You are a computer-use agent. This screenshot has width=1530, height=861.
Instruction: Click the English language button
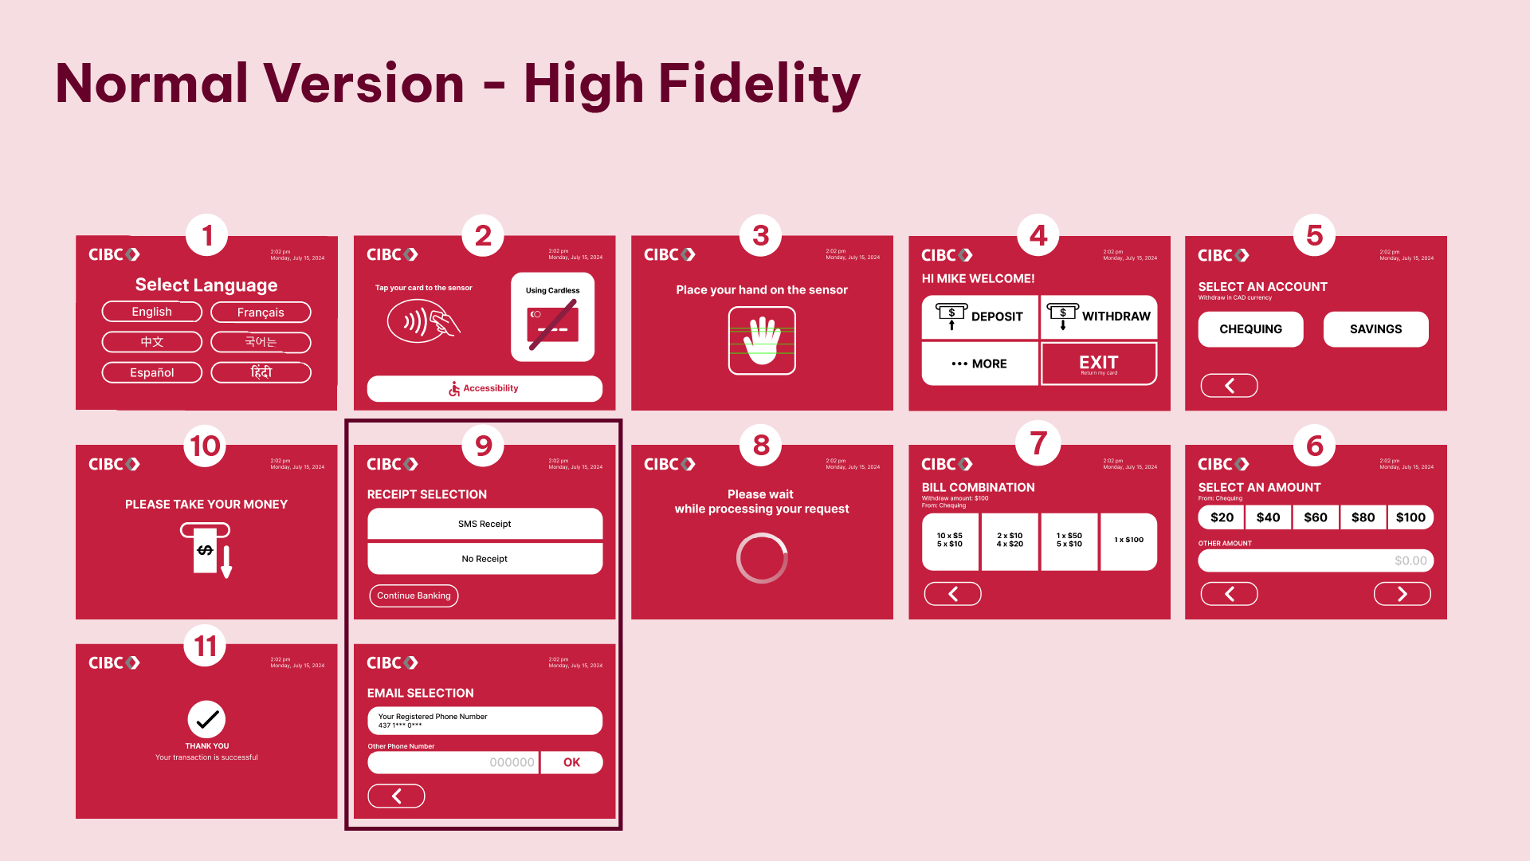pos(151,312)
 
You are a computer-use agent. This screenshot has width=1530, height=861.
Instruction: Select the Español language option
pos(151,372)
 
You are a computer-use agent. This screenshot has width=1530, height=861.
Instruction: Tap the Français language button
pos(261,313)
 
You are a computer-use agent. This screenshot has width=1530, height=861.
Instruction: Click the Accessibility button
pos(484,388)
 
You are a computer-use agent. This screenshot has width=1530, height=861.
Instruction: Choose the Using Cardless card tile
pos(552,317)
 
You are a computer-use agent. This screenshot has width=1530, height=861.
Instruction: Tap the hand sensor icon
pos(762,340)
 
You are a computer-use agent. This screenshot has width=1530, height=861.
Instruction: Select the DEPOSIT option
pos(980,316)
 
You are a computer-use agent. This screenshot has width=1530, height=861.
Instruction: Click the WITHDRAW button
pos(1099,316)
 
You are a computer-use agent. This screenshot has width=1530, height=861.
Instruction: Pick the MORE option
pos(980,364)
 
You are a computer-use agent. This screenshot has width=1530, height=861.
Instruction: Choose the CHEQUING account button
pos(1250,329)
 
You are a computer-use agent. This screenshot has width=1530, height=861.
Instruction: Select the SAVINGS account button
pos(1375,329)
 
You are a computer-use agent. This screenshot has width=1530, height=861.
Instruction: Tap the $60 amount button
pos(1316,517)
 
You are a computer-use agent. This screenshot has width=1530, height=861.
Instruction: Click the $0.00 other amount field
pos(1316,560)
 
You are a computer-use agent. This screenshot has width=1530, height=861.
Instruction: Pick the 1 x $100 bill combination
pos(1128,541)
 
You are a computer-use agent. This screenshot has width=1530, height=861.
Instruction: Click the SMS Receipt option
pos(484,524)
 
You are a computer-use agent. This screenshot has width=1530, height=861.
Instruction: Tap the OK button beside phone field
pos(571,762)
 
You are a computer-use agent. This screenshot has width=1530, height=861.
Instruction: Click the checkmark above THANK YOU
pos(206,719)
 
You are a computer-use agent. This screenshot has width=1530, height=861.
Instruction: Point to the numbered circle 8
pos(761,445)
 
